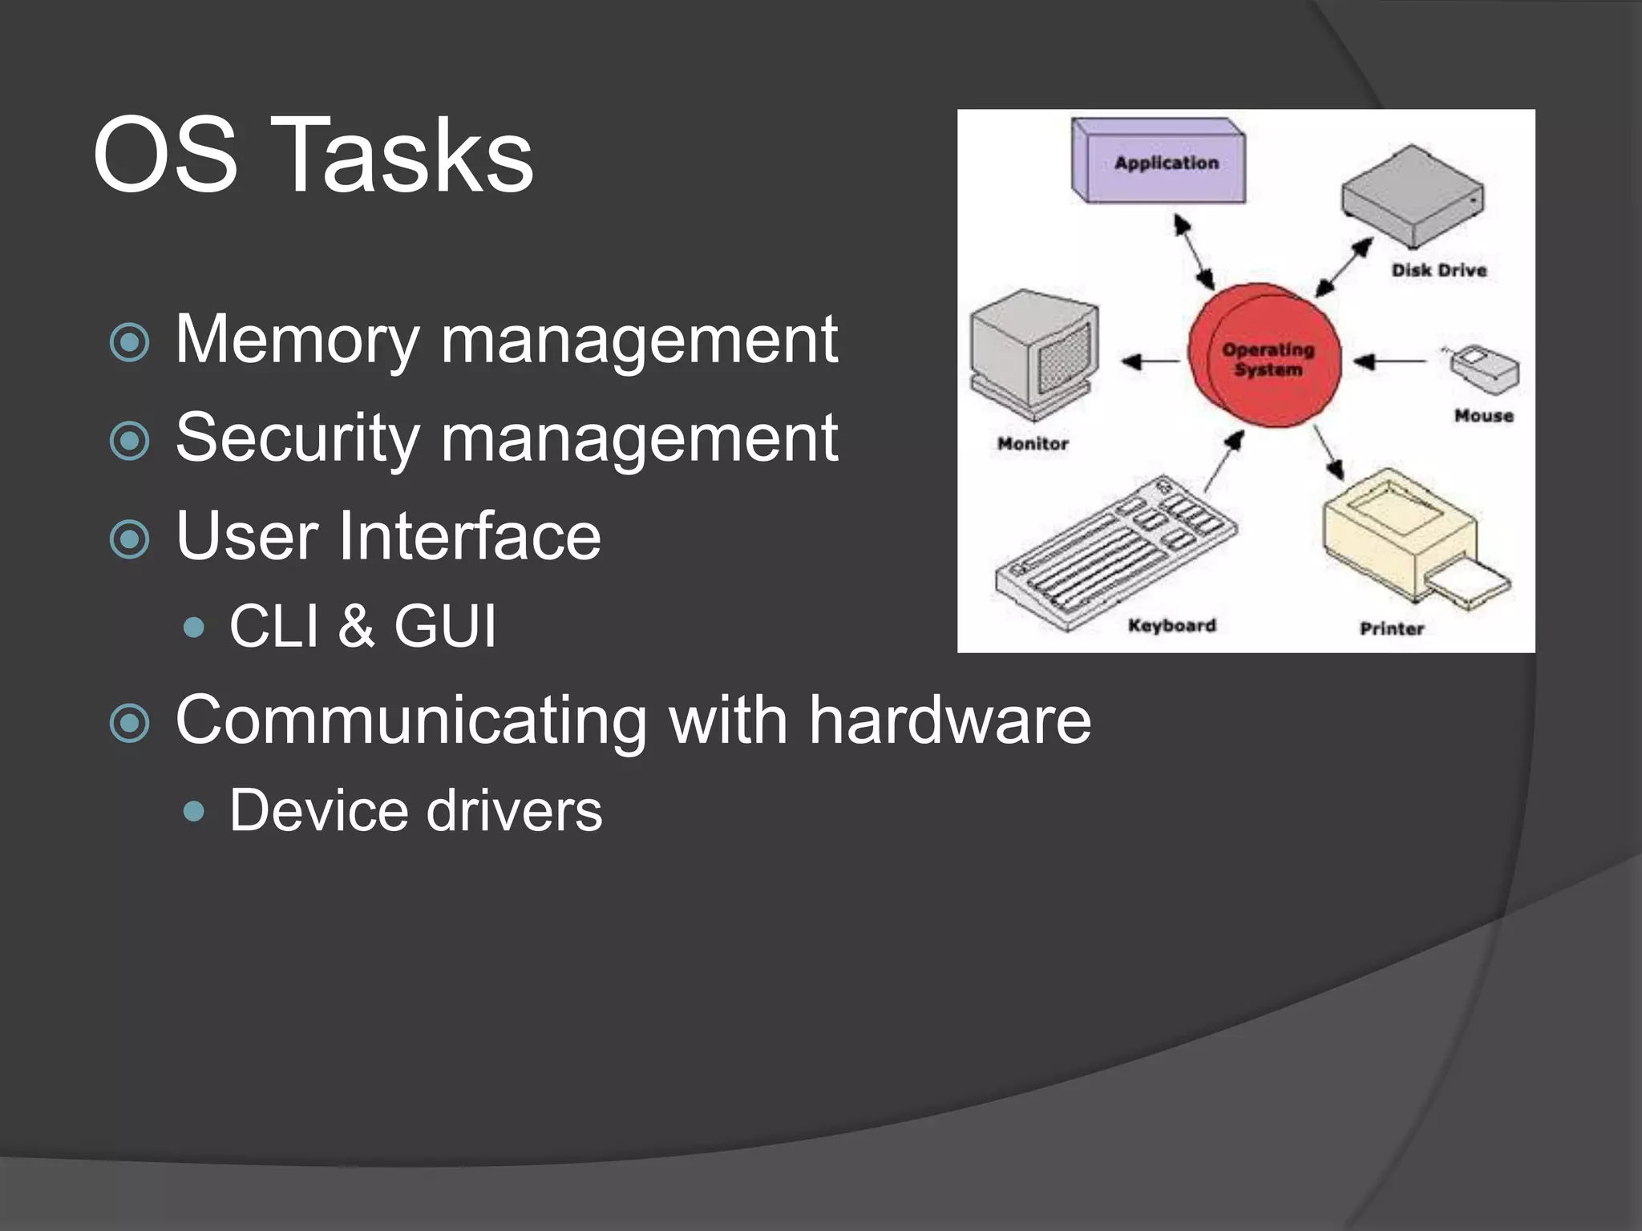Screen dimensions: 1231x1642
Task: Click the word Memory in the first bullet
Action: [x=297, y=340]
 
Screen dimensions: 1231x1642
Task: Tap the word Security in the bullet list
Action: [x=297, y=438]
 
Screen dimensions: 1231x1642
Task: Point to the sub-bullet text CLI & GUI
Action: [x=362, y=625]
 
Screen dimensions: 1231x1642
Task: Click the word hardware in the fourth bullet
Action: [x=949, y=720]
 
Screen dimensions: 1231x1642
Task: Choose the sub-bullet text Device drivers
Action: [x=415, y=811]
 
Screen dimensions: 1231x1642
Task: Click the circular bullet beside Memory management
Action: [x=129, y=342]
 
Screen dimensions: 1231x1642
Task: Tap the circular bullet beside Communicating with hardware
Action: [x=129, y=723]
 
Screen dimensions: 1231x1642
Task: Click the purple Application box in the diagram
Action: [x=1159, y=163]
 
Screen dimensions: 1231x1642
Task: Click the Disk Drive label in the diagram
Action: [x=1439, y=271]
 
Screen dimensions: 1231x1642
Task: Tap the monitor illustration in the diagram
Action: [x=1033, y=353]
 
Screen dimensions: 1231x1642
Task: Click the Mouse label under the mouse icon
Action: [x=1484, y=416]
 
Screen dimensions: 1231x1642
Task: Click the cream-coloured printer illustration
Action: [x=1407, y=537]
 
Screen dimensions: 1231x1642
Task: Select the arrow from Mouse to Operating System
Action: [x=1390, y=362]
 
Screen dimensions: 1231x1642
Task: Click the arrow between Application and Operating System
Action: [x=1195, y=251]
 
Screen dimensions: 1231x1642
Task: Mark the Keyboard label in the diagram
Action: [x=1172, y=626]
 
